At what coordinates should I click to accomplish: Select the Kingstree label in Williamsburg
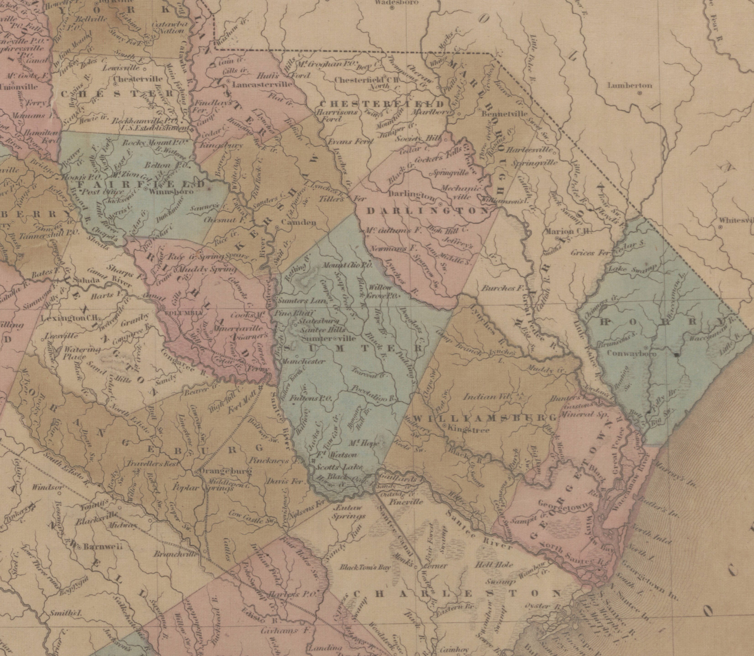469,430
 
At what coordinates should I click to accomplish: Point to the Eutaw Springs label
348,512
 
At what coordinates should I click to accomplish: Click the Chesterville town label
138,79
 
